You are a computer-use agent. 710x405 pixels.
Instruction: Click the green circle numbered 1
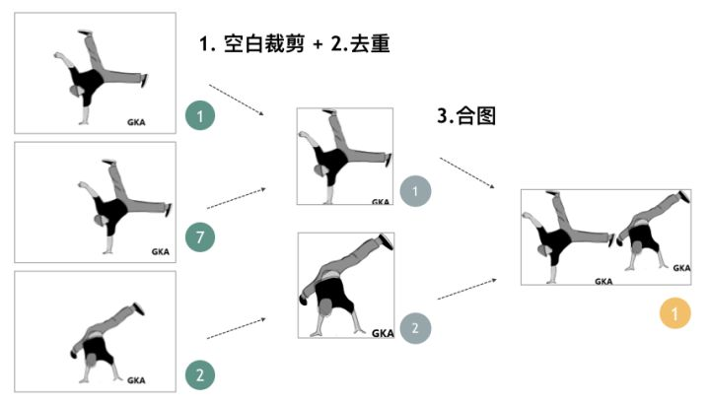(200, 117)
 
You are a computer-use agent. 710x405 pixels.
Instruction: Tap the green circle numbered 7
(200, 236)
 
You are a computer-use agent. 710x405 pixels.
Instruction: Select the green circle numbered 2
(200, 374)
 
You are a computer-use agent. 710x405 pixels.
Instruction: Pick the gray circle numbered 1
(416, 190)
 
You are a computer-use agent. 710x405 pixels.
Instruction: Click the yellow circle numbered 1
(675, 314)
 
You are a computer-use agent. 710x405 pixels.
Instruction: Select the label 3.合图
(464, 114)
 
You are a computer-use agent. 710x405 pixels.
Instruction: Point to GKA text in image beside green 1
(137, 122)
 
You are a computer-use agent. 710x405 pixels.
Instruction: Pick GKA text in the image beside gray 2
(383, 333)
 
